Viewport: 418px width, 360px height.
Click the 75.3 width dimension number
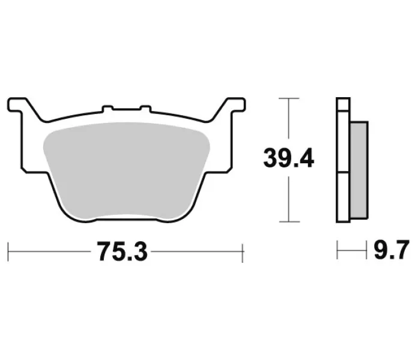coord(122,251)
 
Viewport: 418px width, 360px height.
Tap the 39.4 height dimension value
coord(289,158)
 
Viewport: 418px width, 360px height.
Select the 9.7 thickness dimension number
coord(392,250)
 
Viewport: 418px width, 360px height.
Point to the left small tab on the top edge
coord(108,109)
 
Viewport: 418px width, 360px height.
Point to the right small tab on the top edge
coord(145,109)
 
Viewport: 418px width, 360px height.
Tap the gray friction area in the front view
coord(126,170)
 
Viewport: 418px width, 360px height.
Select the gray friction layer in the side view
coord(359,170)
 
